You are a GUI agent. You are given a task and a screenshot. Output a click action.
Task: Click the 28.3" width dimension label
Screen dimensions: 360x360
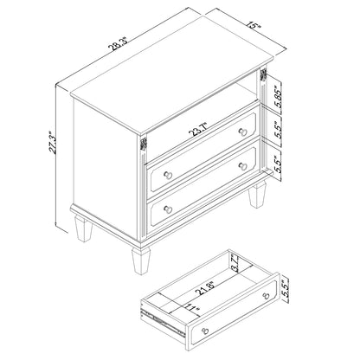tap(119, 44)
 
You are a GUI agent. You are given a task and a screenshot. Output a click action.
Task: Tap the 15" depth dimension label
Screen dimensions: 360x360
tap(255, 26)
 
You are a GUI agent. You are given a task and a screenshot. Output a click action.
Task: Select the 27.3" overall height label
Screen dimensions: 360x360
tap(52, 143)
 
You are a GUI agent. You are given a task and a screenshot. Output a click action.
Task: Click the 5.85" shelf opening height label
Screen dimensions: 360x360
tap(278, 96)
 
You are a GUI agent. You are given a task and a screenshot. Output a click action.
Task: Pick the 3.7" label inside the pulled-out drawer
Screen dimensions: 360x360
tap(237, 263)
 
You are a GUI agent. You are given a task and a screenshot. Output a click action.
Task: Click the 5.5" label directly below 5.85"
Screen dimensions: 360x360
tap(278, 130)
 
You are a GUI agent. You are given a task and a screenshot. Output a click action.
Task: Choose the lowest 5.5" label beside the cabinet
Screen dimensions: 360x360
tap(278, 164)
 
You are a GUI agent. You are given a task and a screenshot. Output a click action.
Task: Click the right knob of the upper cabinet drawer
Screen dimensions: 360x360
tap(243, 132)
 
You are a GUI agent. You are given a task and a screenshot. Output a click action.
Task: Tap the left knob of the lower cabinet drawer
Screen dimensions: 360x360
tap(168, 209)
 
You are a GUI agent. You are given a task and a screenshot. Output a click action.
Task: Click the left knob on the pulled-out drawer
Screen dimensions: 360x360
tap(205, 331)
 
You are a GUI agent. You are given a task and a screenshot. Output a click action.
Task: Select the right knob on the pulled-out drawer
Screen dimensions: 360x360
tap(267, 296)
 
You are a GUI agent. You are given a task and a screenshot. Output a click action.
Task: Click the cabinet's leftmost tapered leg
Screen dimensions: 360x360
tap(83, 228)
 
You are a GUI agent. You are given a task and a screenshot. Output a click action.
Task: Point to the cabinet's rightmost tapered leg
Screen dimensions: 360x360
tap(257, 195)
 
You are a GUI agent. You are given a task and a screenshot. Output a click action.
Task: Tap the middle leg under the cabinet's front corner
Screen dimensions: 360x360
tap(141, 260)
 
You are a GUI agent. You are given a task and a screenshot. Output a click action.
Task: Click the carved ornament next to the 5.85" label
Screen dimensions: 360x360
tap(263, 74)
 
